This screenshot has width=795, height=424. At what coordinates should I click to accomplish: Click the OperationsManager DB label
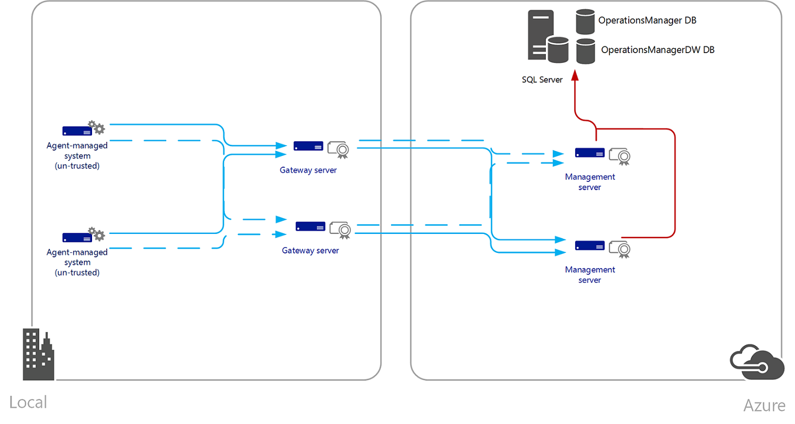pyautogui.click(x=647, y=21)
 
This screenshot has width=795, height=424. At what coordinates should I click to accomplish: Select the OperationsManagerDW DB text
pyautogui.click(x=657, y=50)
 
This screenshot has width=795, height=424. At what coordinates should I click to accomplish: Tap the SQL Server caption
pyautogui.click(x=542, y=80)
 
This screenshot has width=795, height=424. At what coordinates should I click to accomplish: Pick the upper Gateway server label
pyautogui.click(x=308, y=170)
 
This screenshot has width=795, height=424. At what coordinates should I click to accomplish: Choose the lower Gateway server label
pyautogui.click(x=310, y=251)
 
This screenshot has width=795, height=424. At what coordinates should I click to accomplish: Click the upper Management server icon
pyautogui.click(x=590, y=153)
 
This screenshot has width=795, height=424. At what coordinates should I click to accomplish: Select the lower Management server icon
pyautogui.click(x=590, y=245)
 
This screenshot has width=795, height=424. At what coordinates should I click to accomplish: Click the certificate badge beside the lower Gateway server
pyautogui.click(x=341, y=230)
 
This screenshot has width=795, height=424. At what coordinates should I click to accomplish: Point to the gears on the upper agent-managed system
pyautogui.click(x=96, y=128)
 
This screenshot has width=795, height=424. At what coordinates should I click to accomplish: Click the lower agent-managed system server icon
pyautogui.click(x=77, y=237)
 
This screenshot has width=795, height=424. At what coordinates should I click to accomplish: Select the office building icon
pyautogui.click(x=38, y=354)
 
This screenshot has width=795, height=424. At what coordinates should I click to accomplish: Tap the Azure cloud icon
pyautogui.click(x=756, y=362)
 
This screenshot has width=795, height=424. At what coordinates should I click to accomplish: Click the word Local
pyautogui.click(x=28, y=402)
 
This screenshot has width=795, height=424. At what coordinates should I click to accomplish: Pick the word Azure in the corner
pyautogui.click(x=764, y=406)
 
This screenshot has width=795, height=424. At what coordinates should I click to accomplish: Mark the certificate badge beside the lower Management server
pyautogui.click(x=620, y=249)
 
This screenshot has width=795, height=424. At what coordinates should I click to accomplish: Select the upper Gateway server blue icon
pyautogui.click(x=308, y=146)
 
